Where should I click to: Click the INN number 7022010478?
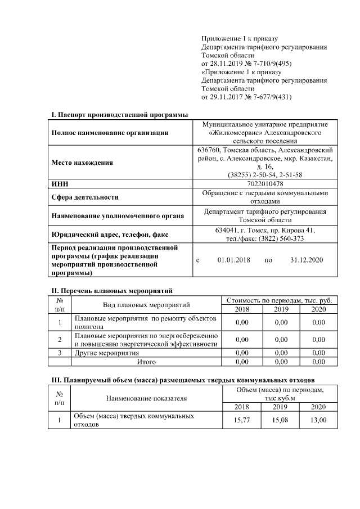[265, 184]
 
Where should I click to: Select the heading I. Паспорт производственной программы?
[119, 114]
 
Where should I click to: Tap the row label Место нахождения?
[82, 163]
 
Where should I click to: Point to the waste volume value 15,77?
[242, 420]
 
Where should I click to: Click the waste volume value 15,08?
[280, 420]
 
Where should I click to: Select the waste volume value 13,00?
[318, 420]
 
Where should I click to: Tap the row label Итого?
[146, 362]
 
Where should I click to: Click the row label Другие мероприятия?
[107, 353]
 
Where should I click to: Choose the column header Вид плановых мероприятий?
[146, 305]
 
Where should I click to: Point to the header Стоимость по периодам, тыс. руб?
[280, 300]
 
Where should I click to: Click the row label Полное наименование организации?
[110, 133]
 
